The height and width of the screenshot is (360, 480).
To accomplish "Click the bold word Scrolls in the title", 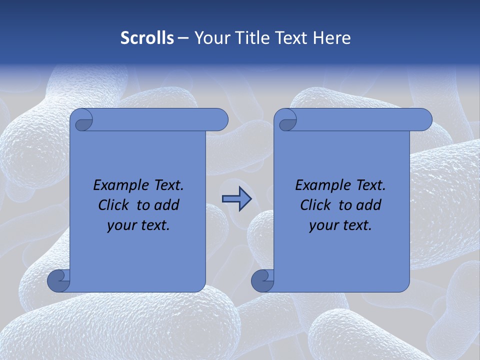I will (147, 38).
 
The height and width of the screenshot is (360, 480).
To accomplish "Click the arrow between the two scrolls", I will (236, 199).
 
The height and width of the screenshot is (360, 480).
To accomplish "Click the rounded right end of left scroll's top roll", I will (220, 120).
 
